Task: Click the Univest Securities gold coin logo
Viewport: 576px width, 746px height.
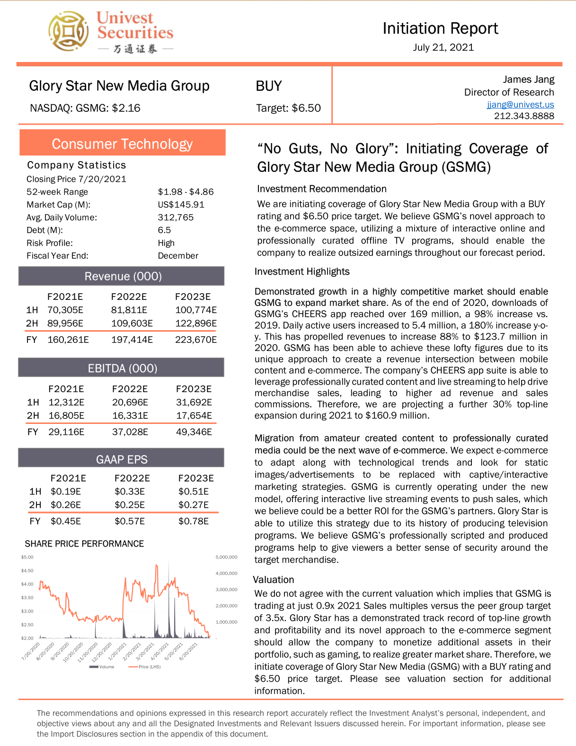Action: (68, 31)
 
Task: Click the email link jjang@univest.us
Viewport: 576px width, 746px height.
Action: (520, 104)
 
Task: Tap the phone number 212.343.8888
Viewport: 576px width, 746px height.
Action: (524, 116)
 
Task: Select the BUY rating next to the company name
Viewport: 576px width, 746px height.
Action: (268, 86)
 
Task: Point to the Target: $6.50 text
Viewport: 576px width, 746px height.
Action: (288, 108)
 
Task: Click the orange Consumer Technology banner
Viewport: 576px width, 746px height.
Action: (122, 144)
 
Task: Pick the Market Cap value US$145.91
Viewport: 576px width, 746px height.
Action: (181, 205)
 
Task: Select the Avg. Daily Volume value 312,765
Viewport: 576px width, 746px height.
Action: (176, 217)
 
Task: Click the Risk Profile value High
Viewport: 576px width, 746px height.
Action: (166, 243)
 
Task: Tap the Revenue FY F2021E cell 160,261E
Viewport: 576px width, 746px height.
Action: (68, 340)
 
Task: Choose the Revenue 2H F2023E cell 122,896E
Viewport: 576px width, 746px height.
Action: (196, 324)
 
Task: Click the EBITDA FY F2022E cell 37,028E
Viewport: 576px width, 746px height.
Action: (130, 432)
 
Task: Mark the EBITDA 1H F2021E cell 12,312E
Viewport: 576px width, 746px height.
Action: (66, 402)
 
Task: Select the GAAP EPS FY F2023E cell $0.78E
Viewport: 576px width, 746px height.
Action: (194, 521)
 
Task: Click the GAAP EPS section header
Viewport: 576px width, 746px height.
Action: (122, 459)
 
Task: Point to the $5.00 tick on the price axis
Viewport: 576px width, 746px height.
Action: (27, 557)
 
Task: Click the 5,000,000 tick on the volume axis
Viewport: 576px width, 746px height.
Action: (226, 557)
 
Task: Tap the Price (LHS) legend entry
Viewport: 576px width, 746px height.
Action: (149, 667)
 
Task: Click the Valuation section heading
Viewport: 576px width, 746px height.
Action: (274, 580)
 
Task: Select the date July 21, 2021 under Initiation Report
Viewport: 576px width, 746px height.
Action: (443, 47)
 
